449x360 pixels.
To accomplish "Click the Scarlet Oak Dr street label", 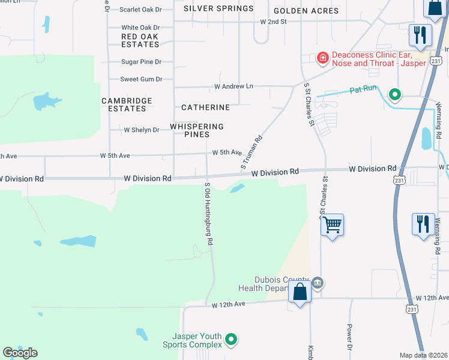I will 141,10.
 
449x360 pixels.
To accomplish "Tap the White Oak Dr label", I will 140,28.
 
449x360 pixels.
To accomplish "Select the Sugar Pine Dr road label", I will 141,62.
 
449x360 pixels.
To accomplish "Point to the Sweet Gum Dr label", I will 141,79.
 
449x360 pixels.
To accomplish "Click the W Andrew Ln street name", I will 234,86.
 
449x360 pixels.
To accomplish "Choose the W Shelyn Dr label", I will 141,130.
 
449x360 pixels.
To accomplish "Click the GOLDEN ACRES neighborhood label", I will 306,11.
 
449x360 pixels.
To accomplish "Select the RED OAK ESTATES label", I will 140,40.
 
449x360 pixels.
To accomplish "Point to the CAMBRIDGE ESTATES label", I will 127,104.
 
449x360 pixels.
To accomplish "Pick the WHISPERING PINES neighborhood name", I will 197,130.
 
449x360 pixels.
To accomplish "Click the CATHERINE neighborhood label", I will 206,107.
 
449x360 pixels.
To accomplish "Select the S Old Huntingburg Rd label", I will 209,214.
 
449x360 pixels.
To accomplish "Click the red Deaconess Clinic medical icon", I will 323,58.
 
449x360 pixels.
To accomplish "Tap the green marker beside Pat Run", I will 395,94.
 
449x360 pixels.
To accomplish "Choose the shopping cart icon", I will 332,225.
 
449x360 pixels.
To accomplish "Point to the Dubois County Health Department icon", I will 318,282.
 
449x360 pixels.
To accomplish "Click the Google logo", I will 20,353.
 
